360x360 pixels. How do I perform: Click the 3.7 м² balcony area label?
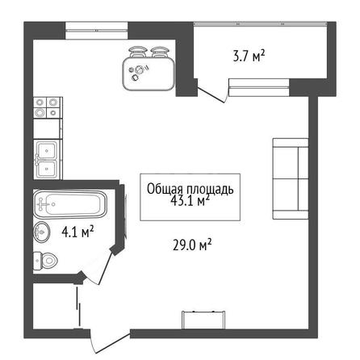(x=249, y=56)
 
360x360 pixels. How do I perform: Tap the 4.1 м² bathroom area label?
(x=77, y=232)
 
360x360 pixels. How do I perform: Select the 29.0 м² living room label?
(x=192, y=245)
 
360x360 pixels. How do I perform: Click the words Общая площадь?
(x=190, y=189)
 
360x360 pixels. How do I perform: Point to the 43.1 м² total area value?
(x=190, y=200)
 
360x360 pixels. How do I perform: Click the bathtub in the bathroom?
(x=70, y=204)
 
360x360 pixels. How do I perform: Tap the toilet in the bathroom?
(x=45, y=260)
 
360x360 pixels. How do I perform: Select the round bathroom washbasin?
(x=42, y=232)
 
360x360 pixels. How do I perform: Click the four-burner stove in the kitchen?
(x=48, y=107)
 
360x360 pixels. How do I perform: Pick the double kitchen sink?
(x=48, y=159)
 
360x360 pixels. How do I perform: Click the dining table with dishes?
(x=149, y=74)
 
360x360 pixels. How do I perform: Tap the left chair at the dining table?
(x=138, y=52)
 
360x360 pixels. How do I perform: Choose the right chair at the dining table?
(x=160, y=52)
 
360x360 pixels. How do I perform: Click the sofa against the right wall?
(x=291, y=178)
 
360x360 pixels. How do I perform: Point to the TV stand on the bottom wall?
(x=203, y=320)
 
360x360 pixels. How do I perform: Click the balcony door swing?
(x=211, y=94)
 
